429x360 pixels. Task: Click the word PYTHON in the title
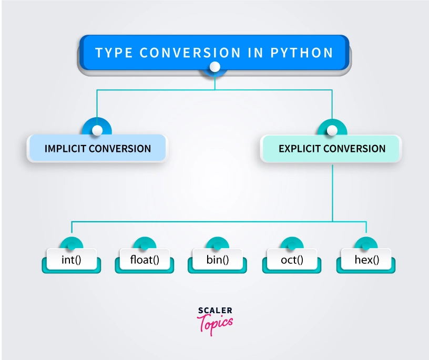click(302, 53)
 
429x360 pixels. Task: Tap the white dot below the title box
click(214, 67)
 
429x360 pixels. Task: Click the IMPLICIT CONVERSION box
click(97, 148)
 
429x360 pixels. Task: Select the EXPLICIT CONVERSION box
click(332, 148)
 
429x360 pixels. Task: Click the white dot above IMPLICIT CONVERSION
click(97, 130)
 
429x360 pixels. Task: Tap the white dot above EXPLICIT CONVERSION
click(332, 130)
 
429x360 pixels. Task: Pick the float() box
click(144, 260)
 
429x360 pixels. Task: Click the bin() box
click(218, 260)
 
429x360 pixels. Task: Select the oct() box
click(291, 260)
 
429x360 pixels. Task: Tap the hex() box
click(366, 260)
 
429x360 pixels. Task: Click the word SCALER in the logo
click(215, 311)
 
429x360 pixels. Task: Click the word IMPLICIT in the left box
click(65, 148)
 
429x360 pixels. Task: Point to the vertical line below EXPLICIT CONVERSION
click(332, 189)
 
